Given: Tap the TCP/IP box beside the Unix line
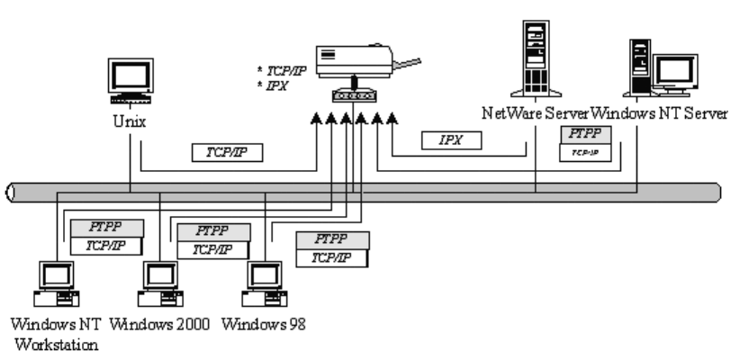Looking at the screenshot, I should pyautogui.click(x=227, y=153).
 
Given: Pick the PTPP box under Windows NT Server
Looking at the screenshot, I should pyautogui.click(x=587, y=134).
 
